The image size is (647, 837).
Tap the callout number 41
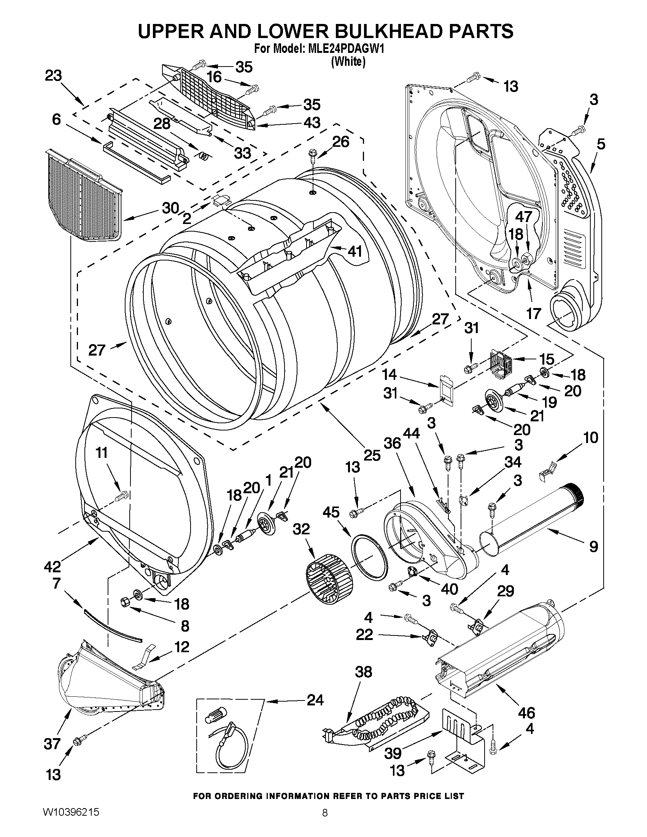354,252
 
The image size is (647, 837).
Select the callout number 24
315,700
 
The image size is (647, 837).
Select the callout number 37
52,744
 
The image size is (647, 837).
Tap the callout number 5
601,145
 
